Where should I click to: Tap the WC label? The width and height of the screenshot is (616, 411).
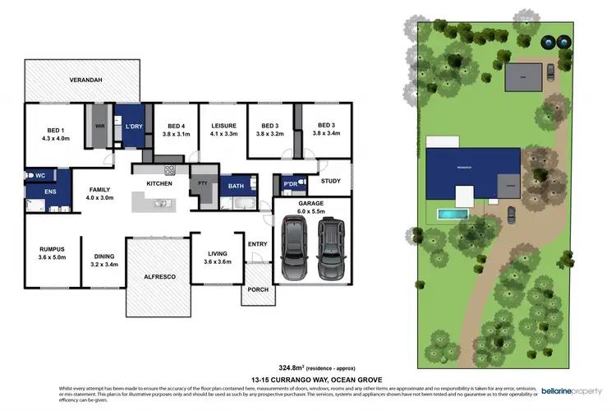(39, 175)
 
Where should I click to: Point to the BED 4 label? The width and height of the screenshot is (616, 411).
(176, 126)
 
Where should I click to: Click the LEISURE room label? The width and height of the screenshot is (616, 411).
(224, 126)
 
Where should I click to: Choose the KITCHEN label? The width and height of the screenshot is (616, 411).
(159, 182)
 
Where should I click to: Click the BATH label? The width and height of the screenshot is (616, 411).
(237, 187)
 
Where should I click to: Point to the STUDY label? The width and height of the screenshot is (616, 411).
(330, 182)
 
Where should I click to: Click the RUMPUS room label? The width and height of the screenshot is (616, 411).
(52, 249)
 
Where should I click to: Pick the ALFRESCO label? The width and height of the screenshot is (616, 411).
(160, 277)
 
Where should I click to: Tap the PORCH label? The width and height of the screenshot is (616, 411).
(255, 289)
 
